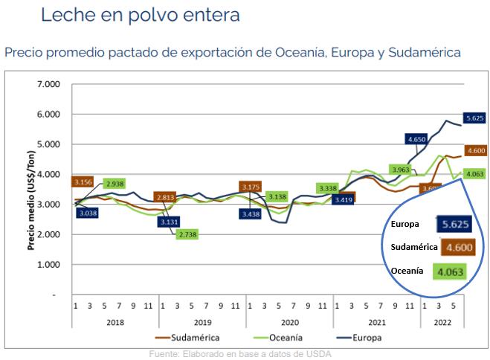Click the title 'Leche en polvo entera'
tap(141, 15)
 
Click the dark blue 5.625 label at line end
tap(475, 118)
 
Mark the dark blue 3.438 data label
tap(251, 214)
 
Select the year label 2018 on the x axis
tap(115, 324)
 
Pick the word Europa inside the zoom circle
tap(404, 223)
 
